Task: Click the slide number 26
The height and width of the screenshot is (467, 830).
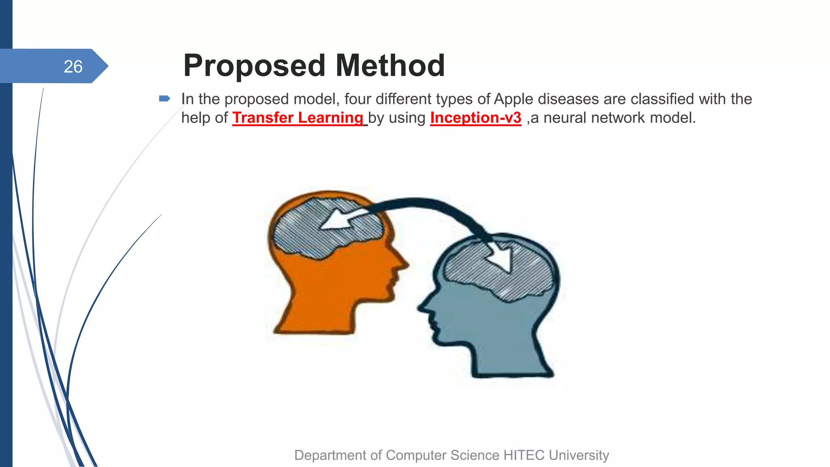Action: point(73,66)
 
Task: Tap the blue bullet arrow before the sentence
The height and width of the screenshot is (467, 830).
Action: point(164,99)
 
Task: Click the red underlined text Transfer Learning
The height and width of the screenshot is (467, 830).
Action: point(298,118)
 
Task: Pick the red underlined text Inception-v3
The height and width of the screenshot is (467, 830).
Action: point(475,118)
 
